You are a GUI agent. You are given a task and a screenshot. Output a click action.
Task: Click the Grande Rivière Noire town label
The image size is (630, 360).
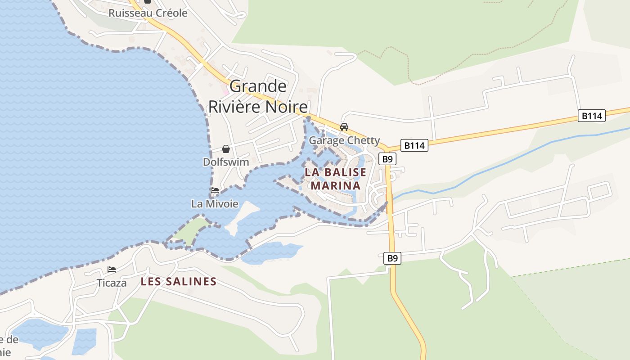(x=258, y=96)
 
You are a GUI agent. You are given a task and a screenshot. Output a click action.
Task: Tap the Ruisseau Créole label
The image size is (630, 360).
(x=148, y=13)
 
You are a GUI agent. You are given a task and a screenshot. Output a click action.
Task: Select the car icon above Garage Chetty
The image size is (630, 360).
(x=344, y=127)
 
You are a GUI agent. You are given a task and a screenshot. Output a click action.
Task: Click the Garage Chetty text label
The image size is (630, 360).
(x=344, y=140)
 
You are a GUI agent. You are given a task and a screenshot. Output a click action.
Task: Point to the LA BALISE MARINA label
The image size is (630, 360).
(x=336, y=179)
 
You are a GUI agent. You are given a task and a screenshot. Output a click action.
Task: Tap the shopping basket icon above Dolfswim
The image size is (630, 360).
(x=226, y=149)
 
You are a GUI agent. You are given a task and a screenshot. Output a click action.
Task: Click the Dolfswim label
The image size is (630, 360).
(x=226, y=162)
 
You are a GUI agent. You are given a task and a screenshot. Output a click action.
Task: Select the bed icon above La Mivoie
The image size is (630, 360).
(x=215, y=190)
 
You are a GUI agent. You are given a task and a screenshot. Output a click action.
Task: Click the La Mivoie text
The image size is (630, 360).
(x=215, y=204)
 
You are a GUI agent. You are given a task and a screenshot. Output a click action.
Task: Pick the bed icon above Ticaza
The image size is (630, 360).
(x=112, y=270)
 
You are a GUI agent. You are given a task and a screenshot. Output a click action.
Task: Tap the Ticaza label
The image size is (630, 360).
(x=112, y=283)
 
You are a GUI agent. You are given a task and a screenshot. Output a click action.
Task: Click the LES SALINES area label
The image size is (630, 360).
(x=179, y=282)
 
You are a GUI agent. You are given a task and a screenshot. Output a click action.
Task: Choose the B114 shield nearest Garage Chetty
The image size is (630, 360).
(x=414, y=145)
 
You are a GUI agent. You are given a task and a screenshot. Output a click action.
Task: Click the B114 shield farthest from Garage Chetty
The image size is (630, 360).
(x=591, y=116)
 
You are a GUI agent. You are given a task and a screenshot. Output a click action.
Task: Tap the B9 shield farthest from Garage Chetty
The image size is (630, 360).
(x=392, y=258)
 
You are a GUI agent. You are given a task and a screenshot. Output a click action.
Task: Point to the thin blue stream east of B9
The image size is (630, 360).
(x=495, y=166)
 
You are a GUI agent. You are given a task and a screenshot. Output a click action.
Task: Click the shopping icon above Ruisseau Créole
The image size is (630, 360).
(x=148, y=1)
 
